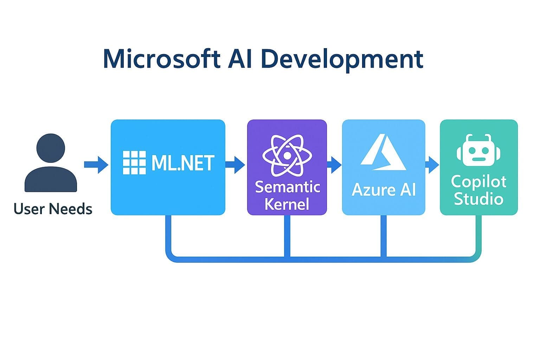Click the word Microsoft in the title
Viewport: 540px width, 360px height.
coord(162,59)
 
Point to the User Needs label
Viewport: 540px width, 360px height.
coord(53,209)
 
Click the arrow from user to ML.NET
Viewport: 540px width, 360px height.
coord(96,165)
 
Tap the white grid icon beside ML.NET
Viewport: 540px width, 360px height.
coord(134,163)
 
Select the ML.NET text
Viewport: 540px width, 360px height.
coord(182,163)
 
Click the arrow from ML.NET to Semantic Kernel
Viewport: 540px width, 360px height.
coord(235,165)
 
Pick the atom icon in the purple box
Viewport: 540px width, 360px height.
coord(287,155)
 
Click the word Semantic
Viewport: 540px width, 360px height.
coord(287,187)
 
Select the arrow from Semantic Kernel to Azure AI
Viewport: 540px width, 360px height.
coord(334,165)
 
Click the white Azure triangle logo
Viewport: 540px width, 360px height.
coord(383,154)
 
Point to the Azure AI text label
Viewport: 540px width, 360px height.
coord(384,190)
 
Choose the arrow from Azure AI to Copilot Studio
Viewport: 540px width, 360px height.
coord(432,165)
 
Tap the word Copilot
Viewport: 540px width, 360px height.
coord(478,181)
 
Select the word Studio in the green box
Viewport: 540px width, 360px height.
coord(478,199)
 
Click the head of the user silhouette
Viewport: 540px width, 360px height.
coord(51,148)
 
